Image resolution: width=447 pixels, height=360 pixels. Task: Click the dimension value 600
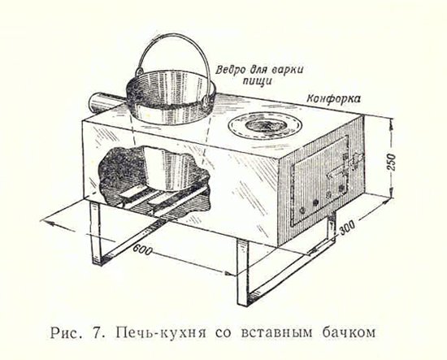click(x=142, y=250)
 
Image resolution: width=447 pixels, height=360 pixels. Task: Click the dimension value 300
click(x=347, y=228)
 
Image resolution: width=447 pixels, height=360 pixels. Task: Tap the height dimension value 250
click(x=392, y=162)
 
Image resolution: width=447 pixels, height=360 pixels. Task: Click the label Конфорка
click(x=333, y=99)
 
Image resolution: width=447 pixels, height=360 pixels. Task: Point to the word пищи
click(x=257, y=81)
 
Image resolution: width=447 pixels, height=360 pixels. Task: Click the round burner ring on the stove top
click(x=265, y=125)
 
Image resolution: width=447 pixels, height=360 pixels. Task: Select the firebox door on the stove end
click(x=319, y=180)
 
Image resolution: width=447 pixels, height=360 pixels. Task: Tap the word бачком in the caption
click(x=349, y=332)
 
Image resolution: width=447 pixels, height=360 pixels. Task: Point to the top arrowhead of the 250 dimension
click(x=392, y=120)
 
